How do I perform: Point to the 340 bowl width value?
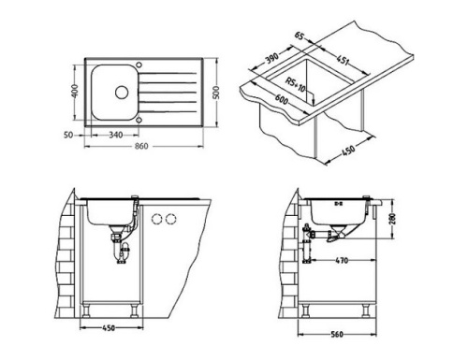coord(114,134)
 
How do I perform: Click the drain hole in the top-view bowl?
coord(121,93)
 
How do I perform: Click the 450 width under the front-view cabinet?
coord(110,328)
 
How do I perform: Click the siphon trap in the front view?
coord(120,252)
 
